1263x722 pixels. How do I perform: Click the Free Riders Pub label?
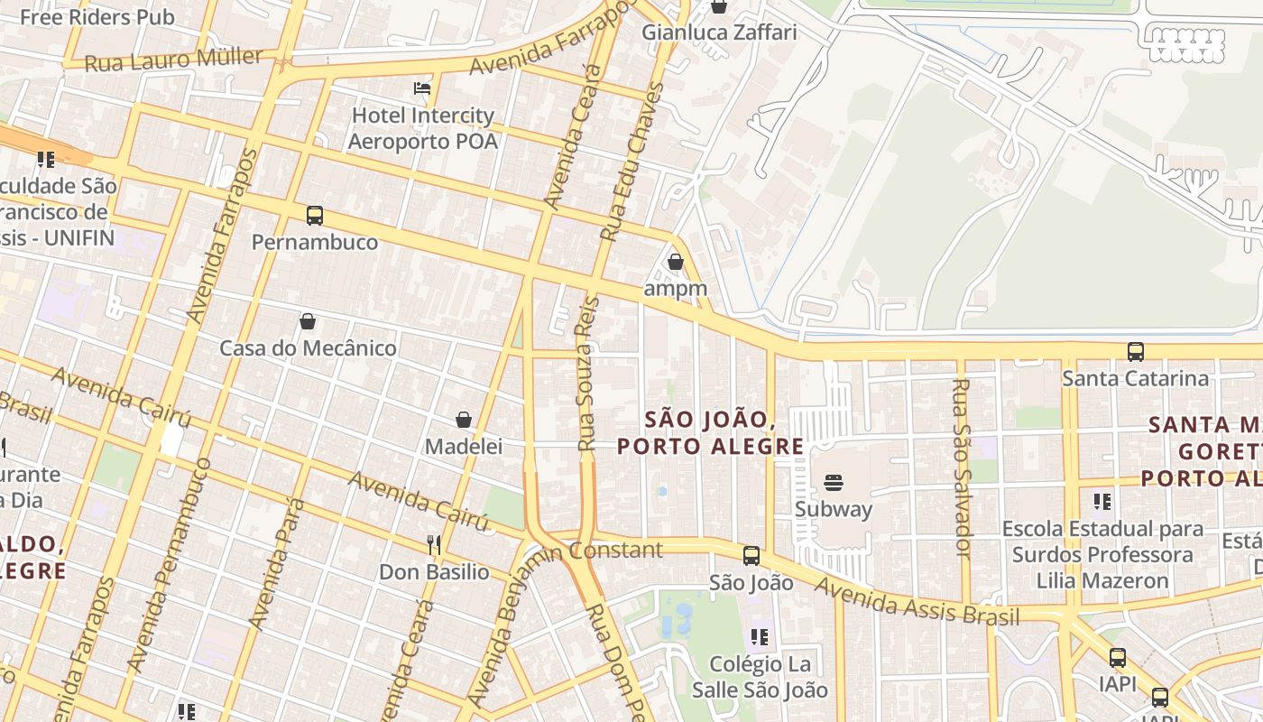point(97,17)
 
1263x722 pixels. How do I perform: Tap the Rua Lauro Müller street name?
point(174,60)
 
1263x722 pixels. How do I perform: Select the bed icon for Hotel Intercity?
point(422,88)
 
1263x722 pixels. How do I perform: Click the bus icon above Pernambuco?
point(314,216)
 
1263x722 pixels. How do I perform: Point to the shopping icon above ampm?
point(675,263)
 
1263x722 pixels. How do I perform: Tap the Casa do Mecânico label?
point(308,348)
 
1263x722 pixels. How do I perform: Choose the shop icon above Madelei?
point(464,420)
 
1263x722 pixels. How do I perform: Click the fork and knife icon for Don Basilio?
point(434,544)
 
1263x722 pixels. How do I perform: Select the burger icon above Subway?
point(834,483)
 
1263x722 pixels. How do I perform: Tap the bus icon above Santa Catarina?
point(1135,351)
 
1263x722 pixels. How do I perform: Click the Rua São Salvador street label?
point(962,467)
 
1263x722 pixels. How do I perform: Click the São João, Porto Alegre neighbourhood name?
point(710,433)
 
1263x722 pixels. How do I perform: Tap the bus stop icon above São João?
point(751,556)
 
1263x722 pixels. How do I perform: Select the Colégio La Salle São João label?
point(759,677)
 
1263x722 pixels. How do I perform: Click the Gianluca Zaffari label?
point(719,32)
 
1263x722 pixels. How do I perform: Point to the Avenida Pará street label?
point(278,563)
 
